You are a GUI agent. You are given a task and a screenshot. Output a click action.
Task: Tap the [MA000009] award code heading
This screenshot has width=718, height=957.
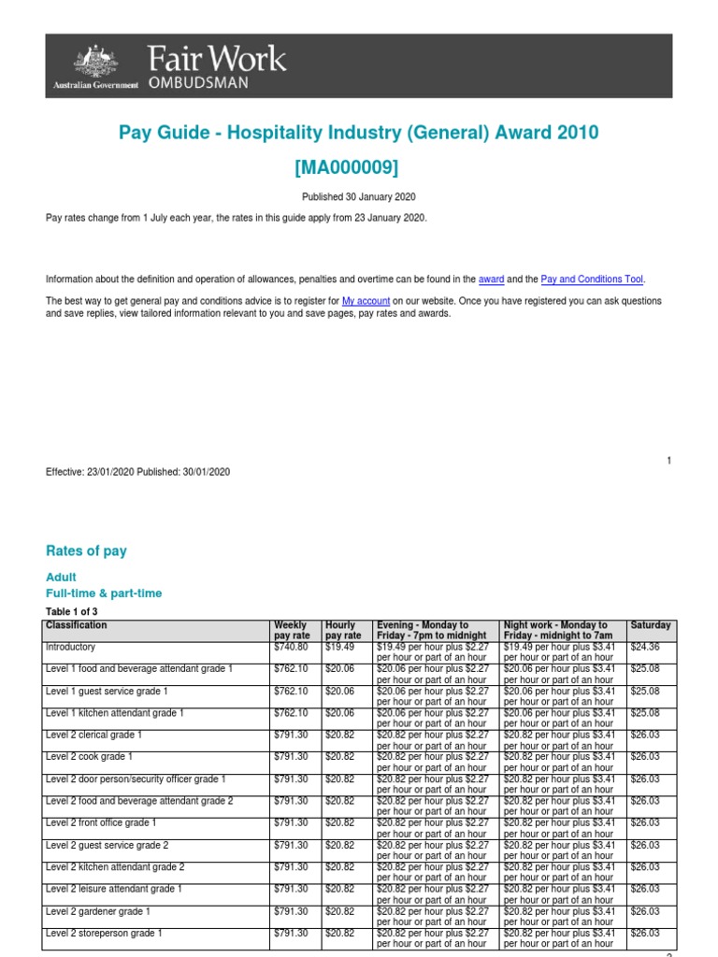(358, 167)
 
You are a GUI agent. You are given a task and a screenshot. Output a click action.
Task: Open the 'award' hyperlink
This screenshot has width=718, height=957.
(490, 279)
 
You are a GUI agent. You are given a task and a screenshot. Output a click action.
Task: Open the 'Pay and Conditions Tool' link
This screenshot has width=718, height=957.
(593, 279)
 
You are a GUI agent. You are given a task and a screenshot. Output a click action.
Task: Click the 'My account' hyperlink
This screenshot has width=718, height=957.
(365, 301)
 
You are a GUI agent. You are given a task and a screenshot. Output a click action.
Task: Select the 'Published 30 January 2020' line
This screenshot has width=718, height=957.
(358, 197)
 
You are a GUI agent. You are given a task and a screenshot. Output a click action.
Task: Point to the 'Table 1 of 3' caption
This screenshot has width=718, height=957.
(72, 611)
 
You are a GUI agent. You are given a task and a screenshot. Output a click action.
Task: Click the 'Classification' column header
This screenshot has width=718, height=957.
(77, 625)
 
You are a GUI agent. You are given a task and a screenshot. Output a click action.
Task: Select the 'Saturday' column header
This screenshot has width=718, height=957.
(651, 625)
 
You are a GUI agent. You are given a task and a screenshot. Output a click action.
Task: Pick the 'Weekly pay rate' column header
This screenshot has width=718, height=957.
(291, 630)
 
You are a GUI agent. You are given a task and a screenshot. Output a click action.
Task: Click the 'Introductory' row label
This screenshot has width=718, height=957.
(70, 647)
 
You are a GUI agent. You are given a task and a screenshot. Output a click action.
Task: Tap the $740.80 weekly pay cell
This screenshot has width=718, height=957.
(291, 647)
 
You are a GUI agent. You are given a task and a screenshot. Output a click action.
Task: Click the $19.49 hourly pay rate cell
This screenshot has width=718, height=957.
(339, 647)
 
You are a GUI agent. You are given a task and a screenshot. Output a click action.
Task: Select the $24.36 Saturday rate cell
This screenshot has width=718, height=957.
(645, 647)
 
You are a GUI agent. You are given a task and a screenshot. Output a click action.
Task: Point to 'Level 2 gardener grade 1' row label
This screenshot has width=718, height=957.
(98, 911)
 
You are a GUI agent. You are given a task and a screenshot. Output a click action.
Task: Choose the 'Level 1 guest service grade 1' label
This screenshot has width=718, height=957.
(108, 691)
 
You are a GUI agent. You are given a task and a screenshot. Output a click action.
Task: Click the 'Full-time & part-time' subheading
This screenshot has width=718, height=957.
(104, 593)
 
